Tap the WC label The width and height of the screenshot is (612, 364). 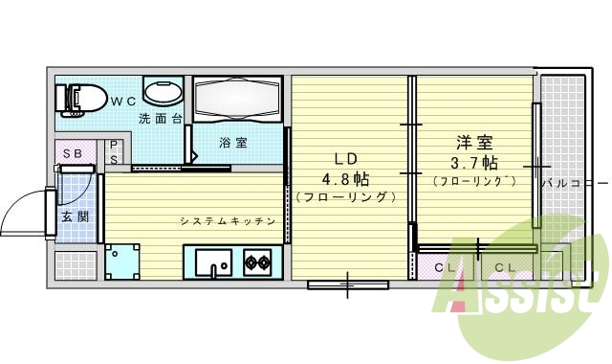[x=120, y=99]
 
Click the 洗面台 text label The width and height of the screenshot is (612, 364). [x=160, y=119]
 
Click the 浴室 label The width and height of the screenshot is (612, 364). [x=233, y=143]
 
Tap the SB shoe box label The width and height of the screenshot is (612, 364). [x=73, y=153]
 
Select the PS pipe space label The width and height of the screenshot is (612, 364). [x=114, y=153]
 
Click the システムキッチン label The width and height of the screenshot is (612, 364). [x=228, y=221]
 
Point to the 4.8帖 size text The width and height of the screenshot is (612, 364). [x=345, y=178]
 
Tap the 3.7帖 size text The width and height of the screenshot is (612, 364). [x=473, y=162]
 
